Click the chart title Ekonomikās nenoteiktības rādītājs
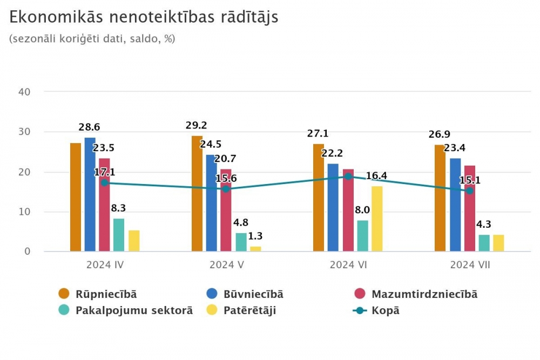pyautogui.click(x=144, y=17)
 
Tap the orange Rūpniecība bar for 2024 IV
pyautogui.click(x=76, y=197)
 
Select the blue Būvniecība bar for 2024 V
pyautogui.click(x=211, y=203)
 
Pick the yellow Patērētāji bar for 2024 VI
pyautogui.click(x=376, y=219)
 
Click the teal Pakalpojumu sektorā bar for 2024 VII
pyautogui.click(x=484, y=243)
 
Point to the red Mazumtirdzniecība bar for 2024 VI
pyautogui.click(x=348, y=210)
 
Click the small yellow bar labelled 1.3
pyautogui.click(x=255, y=249)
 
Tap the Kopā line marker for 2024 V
pyautogui.click(x=226, y=189)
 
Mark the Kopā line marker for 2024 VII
pyautogui.click(x=469, y=191)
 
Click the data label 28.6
pyautogui.click(x=89, y=127)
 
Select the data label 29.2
pyautogui.click(x=196, y=125)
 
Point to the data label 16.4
pyautogui.click(x=376, y=175)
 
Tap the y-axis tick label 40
pyautogui.click(x=24, y=92)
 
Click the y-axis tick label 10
pyautogui.click(x=24, y=212)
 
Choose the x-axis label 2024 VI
pyautogui.click(x=348, y=264)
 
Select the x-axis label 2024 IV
pyautogui.click(x=105, y=264)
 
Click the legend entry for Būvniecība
pyautogui.click(x=245, y=294)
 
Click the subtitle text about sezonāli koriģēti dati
pyautogui.click(x=92, y=39)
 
